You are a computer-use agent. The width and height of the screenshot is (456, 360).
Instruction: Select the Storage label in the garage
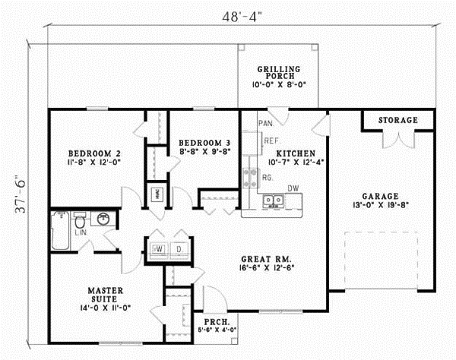click(398, 120)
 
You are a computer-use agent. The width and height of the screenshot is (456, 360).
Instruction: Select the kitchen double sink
click(273, 201)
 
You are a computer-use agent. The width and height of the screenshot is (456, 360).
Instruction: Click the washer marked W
click(160, 248)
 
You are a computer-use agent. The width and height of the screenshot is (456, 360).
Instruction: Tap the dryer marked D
click(180, 248)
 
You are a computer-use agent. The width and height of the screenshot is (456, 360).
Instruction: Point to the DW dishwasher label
click(292, 188)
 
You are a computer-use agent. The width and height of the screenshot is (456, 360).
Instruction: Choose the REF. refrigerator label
click(270, 141)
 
